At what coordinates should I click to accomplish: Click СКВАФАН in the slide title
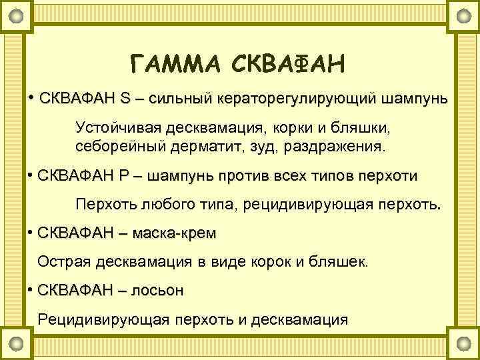(x=289, y=65)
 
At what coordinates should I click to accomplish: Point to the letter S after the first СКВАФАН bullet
(x=126, y=99)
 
